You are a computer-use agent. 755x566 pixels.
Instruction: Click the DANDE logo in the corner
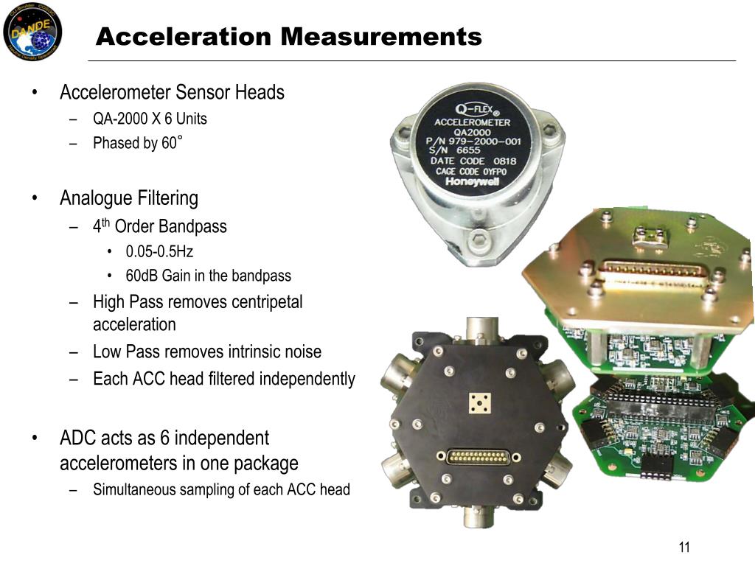(32, 31)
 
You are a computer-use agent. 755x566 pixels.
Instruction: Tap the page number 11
(683, 547)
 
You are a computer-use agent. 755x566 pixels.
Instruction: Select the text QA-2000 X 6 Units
(150, 119)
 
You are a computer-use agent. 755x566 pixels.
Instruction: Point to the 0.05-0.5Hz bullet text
(159, 251)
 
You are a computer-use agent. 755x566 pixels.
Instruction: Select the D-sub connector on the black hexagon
(480, 456)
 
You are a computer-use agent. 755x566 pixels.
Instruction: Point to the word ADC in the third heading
(76, 438)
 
